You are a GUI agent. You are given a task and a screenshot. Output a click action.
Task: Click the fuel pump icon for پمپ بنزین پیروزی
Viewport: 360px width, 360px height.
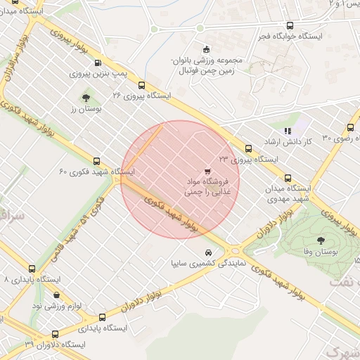pos(96,63)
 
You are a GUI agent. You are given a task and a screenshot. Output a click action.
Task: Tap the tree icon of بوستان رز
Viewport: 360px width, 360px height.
pos(86,98)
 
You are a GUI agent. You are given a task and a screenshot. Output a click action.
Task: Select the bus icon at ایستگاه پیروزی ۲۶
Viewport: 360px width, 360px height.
pos(142,84)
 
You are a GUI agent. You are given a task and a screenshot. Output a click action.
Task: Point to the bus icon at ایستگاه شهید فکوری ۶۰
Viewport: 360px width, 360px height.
pos(96,161)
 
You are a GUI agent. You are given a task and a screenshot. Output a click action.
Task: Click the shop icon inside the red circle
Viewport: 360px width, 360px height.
pos(207,171)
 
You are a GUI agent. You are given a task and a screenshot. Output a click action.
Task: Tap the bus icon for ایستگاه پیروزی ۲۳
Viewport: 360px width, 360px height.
pos(248,148)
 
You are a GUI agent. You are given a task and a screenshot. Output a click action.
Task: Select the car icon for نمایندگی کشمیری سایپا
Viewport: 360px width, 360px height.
pos(207,253)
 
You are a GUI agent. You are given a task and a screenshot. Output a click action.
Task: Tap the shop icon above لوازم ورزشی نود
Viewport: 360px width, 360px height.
pos(57,295)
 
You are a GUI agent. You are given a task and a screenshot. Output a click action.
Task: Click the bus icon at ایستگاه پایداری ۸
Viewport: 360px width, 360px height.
pos(32,269)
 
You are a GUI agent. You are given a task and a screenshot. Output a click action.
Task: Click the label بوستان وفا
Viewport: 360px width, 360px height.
pos(326,252)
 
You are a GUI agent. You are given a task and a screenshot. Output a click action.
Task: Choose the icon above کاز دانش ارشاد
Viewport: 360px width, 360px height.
pos(287,131)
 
